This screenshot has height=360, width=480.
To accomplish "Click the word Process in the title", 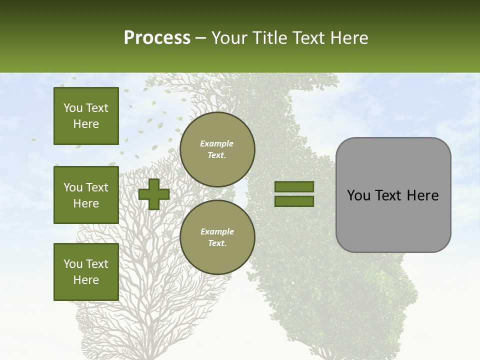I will [157, 38].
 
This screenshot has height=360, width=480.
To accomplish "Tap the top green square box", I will [86, 116].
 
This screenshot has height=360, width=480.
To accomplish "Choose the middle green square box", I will [86, 195].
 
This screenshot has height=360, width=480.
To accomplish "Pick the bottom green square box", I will [86, 271].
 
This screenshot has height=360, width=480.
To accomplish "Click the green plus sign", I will [154, 194].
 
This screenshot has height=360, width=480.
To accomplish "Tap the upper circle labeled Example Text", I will [217, 149].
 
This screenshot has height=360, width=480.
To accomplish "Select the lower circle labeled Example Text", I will [217, 237].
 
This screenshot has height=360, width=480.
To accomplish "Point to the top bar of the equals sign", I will [294, 186].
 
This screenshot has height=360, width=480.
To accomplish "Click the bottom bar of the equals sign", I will [294, 201].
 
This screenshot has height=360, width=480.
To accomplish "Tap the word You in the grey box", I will [358, 195].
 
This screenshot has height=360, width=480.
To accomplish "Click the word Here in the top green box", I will [86, 124].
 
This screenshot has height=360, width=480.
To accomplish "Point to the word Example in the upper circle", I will [217, 143].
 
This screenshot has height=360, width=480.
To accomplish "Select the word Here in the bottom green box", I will [86, 280].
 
